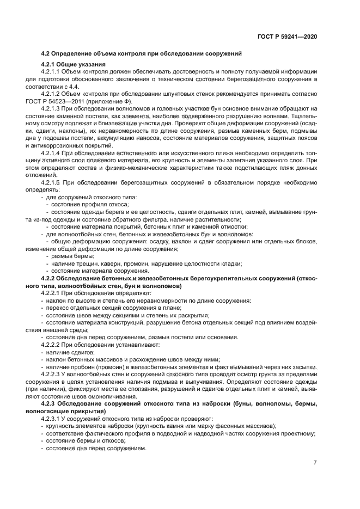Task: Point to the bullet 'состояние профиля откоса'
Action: tap(86, 205)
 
